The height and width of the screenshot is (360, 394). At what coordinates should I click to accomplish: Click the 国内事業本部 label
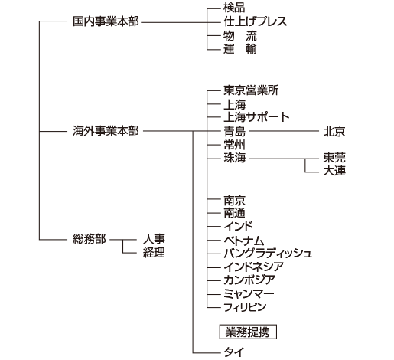click(x=106, y=21)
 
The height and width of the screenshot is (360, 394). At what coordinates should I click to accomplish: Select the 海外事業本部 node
click(x=106, y=131)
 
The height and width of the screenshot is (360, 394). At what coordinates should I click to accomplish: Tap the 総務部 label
click(x=90, y=239)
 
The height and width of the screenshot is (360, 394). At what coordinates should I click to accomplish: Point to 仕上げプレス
click(x=256, y=21)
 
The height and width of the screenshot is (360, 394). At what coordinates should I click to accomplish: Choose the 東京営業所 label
click(x=251, y=90)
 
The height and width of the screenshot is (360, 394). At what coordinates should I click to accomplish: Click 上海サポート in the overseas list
click(x=256, y=117)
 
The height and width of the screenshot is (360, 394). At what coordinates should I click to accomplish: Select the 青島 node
click(x=235, y=132)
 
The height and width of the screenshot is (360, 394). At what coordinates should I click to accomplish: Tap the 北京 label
click(x=334, y=132)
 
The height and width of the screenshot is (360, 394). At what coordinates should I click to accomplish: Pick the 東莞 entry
click(x=334, y=158)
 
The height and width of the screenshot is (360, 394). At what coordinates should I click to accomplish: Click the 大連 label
click(x=334, y=171)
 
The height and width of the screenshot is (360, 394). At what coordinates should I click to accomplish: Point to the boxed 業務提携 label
click(x=248, y=332)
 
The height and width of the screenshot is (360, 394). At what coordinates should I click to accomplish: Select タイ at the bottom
click(x=234, y=352)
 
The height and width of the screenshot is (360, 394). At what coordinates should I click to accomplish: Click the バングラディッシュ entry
click(x=268, y=254)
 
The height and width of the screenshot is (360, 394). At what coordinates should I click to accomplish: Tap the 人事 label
click(x=154, y=239)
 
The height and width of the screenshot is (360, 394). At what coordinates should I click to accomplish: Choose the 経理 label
click(x=154, y=253)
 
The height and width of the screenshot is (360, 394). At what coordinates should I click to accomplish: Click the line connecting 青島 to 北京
click(x=284, y=131)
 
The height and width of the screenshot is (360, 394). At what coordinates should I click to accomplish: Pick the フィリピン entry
click(x=245, y=307)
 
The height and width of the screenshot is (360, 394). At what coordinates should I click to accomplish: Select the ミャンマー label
click(x=249, y=293)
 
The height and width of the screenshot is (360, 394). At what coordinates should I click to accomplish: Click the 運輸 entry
click(x=240, y=49)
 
